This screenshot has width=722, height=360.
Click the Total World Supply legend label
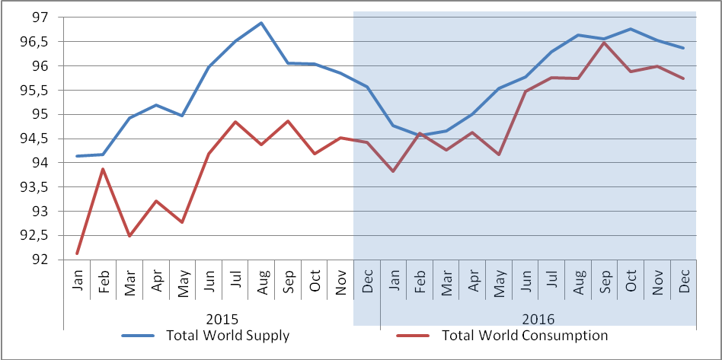228,336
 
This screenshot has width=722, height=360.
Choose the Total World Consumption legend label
525,336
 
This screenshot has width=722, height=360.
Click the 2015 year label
222,319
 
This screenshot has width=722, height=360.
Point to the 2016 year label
538,319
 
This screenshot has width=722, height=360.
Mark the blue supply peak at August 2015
261,23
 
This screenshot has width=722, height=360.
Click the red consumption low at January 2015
77,253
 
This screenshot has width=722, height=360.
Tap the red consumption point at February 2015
103,169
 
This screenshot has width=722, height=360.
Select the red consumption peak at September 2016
605,43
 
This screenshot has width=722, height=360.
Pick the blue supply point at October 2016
631,29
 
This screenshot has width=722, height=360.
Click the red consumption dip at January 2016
393,171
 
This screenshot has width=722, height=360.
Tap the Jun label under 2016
526,279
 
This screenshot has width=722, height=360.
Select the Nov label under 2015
341,280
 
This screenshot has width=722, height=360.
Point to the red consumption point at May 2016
499,155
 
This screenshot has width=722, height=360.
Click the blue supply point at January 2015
77,156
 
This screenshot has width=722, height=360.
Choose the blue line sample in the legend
138,336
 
